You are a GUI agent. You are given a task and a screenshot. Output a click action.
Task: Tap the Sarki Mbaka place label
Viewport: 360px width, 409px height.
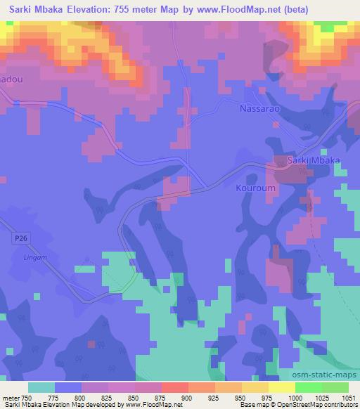click(x=314, y=161)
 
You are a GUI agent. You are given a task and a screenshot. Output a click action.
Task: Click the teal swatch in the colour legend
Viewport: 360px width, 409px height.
click(x=41, y=387)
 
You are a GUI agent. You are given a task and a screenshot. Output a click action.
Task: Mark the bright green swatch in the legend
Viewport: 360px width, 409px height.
click(x=309, y=387)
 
